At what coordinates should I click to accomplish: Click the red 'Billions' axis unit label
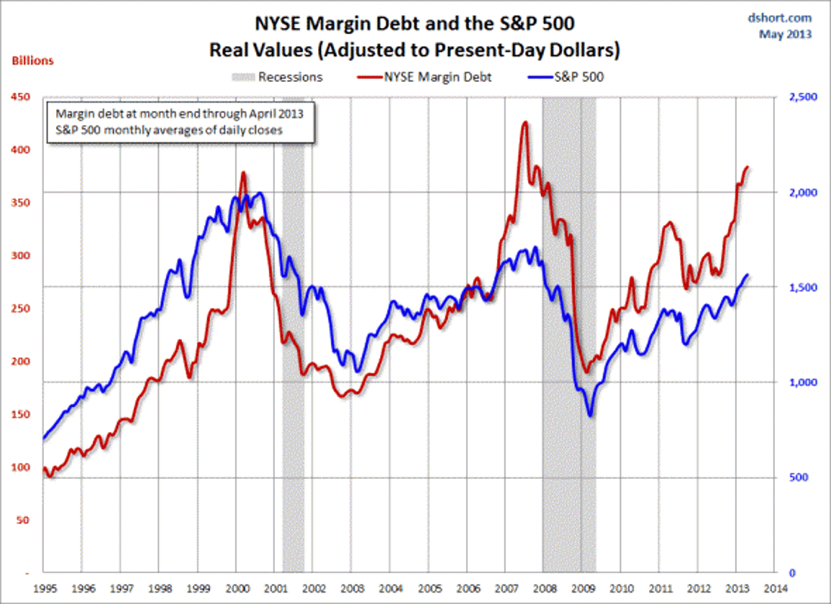click(32, 61)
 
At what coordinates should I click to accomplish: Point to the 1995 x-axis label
click(45, 587)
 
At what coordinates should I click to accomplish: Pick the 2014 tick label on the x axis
click(774, 587)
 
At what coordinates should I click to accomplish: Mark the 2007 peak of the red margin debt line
click(525, 123)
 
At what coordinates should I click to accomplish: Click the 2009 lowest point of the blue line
click(591, 415)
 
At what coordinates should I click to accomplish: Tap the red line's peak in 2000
click(243, 173)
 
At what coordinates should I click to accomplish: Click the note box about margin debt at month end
click(181, 123)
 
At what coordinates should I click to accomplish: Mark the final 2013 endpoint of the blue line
click(748, 275)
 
